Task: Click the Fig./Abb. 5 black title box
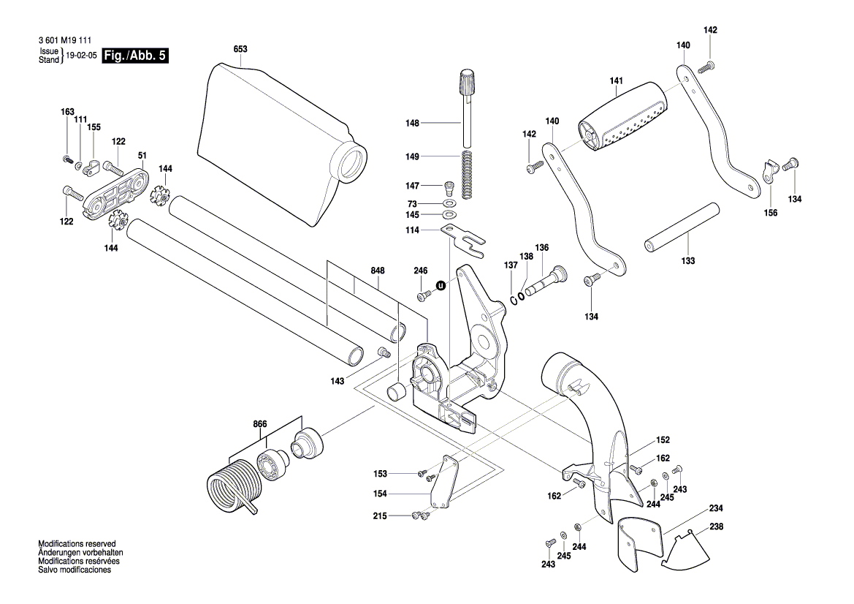pyautogui.click(x=135, y=56)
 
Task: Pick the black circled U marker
pyautogui.click(x=441, y=285)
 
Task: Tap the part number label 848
pyautogui.click(x=377, y=271)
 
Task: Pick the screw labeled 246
pyautogui.click(x=424, y=295)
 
